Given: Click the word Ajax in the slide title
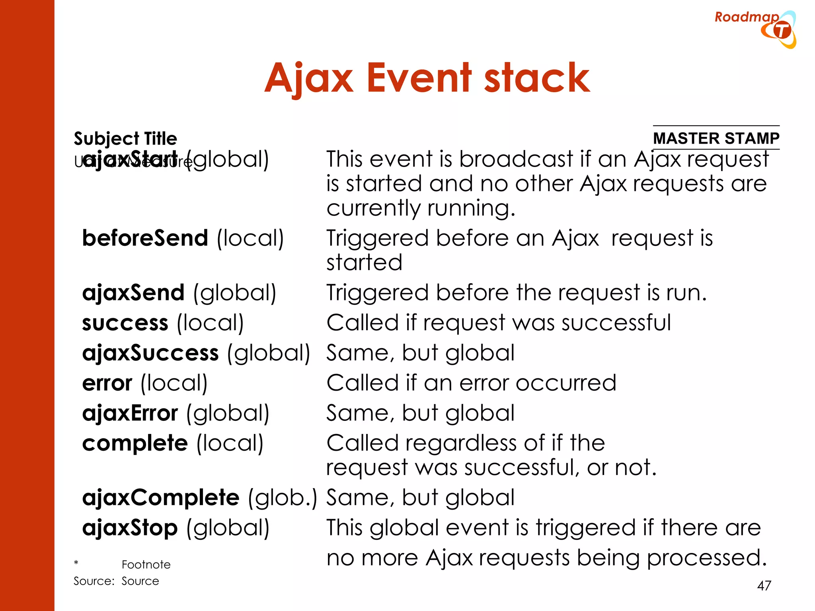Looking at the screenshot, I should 309,78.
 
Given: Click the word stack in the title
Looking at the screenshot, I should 537,78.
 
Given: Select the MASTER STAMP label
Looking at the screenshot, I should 716,138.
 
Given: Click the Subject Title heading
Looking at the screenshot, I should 125,138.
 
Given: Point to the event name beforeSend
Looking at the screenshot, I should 145,238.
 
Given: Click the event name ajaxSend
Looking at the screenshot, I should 133,293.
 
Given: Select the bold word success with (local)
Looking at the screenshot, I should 125,323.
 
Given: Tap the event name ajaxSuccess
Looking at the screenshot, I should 150,353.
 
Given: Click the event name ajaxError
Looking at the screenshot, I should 130,413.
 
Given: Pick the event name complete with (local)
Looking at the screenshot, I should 135,443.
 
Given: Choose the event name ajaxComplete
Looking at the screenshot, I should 161,498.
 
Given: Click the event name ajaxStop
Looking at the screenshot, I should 130,528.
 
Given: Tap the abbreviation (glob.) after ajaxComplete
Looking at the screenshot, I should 282,498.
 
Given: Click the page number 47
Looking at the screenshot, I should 764,586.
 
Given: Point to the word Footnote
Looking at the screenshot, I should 146,564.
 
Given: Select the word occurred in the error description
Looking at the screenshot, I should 566,383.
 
